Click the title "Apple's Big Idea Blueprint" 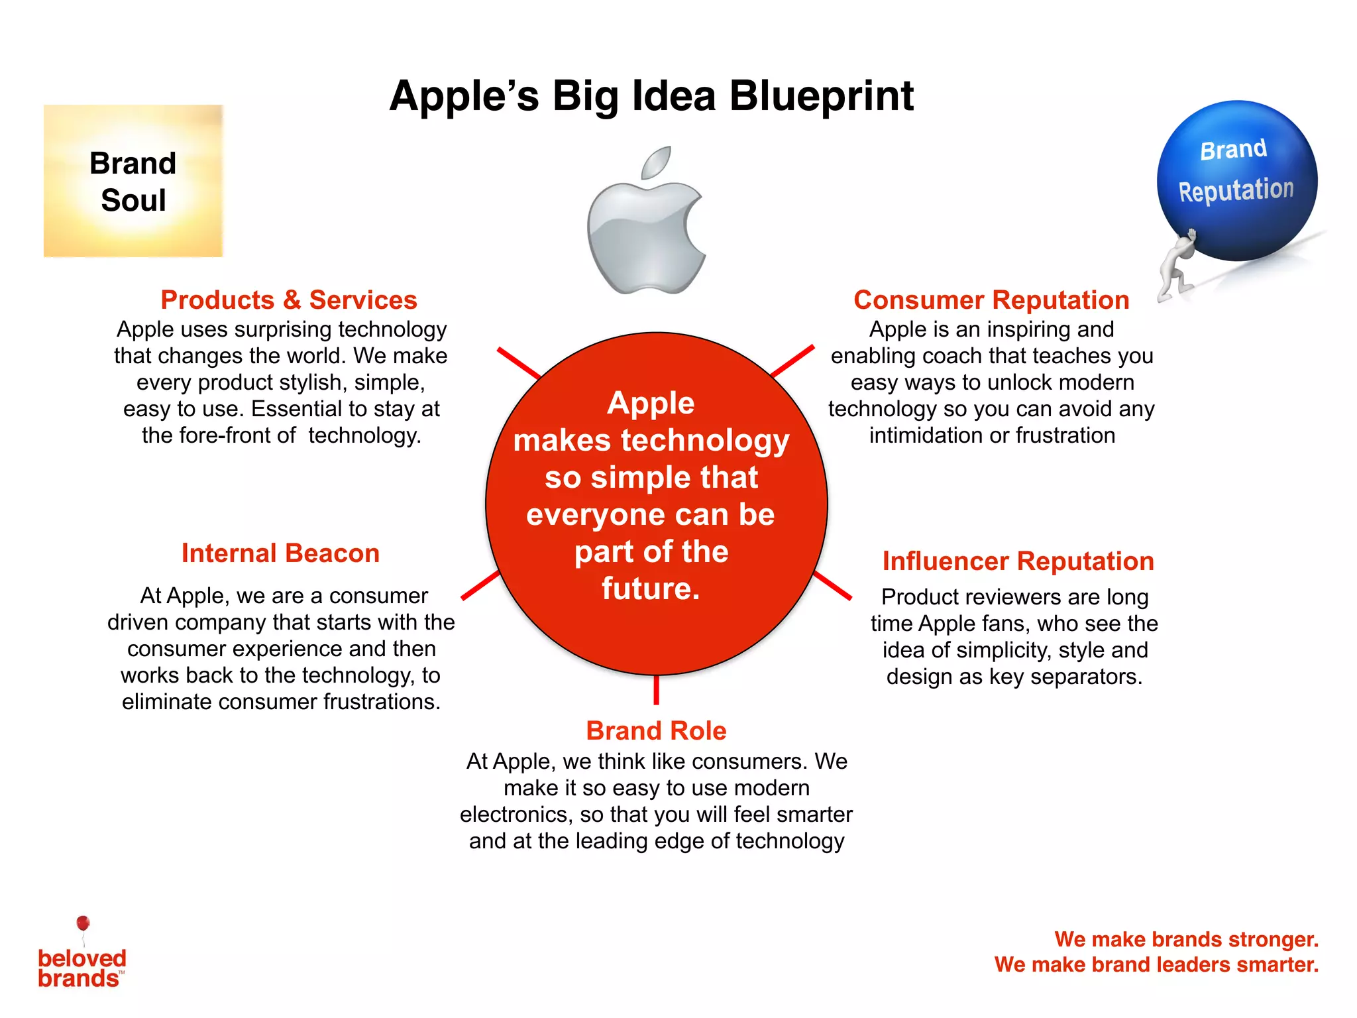tap(651, 96)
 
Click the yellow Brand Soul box tap(133, 181)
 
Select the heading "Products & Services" tap(289, 300)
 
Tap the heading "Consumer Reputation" tap(991, 300)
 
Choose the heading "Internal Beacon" tap(280, 553)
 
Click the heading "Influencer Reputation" tap(1018, 561)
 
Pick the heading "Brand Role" tap(656, 731)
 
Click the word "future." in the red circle tap(651, 589)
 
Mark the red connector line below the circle tap(656, 690)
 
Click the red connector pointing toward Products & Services tap(519, 363)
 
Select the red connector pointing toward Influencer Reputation tap(833, 586)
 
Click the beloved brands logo tap(81, 968)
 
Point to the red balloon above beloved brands tap(83, 923)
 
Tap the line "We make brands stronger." tap(1186, 940)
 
